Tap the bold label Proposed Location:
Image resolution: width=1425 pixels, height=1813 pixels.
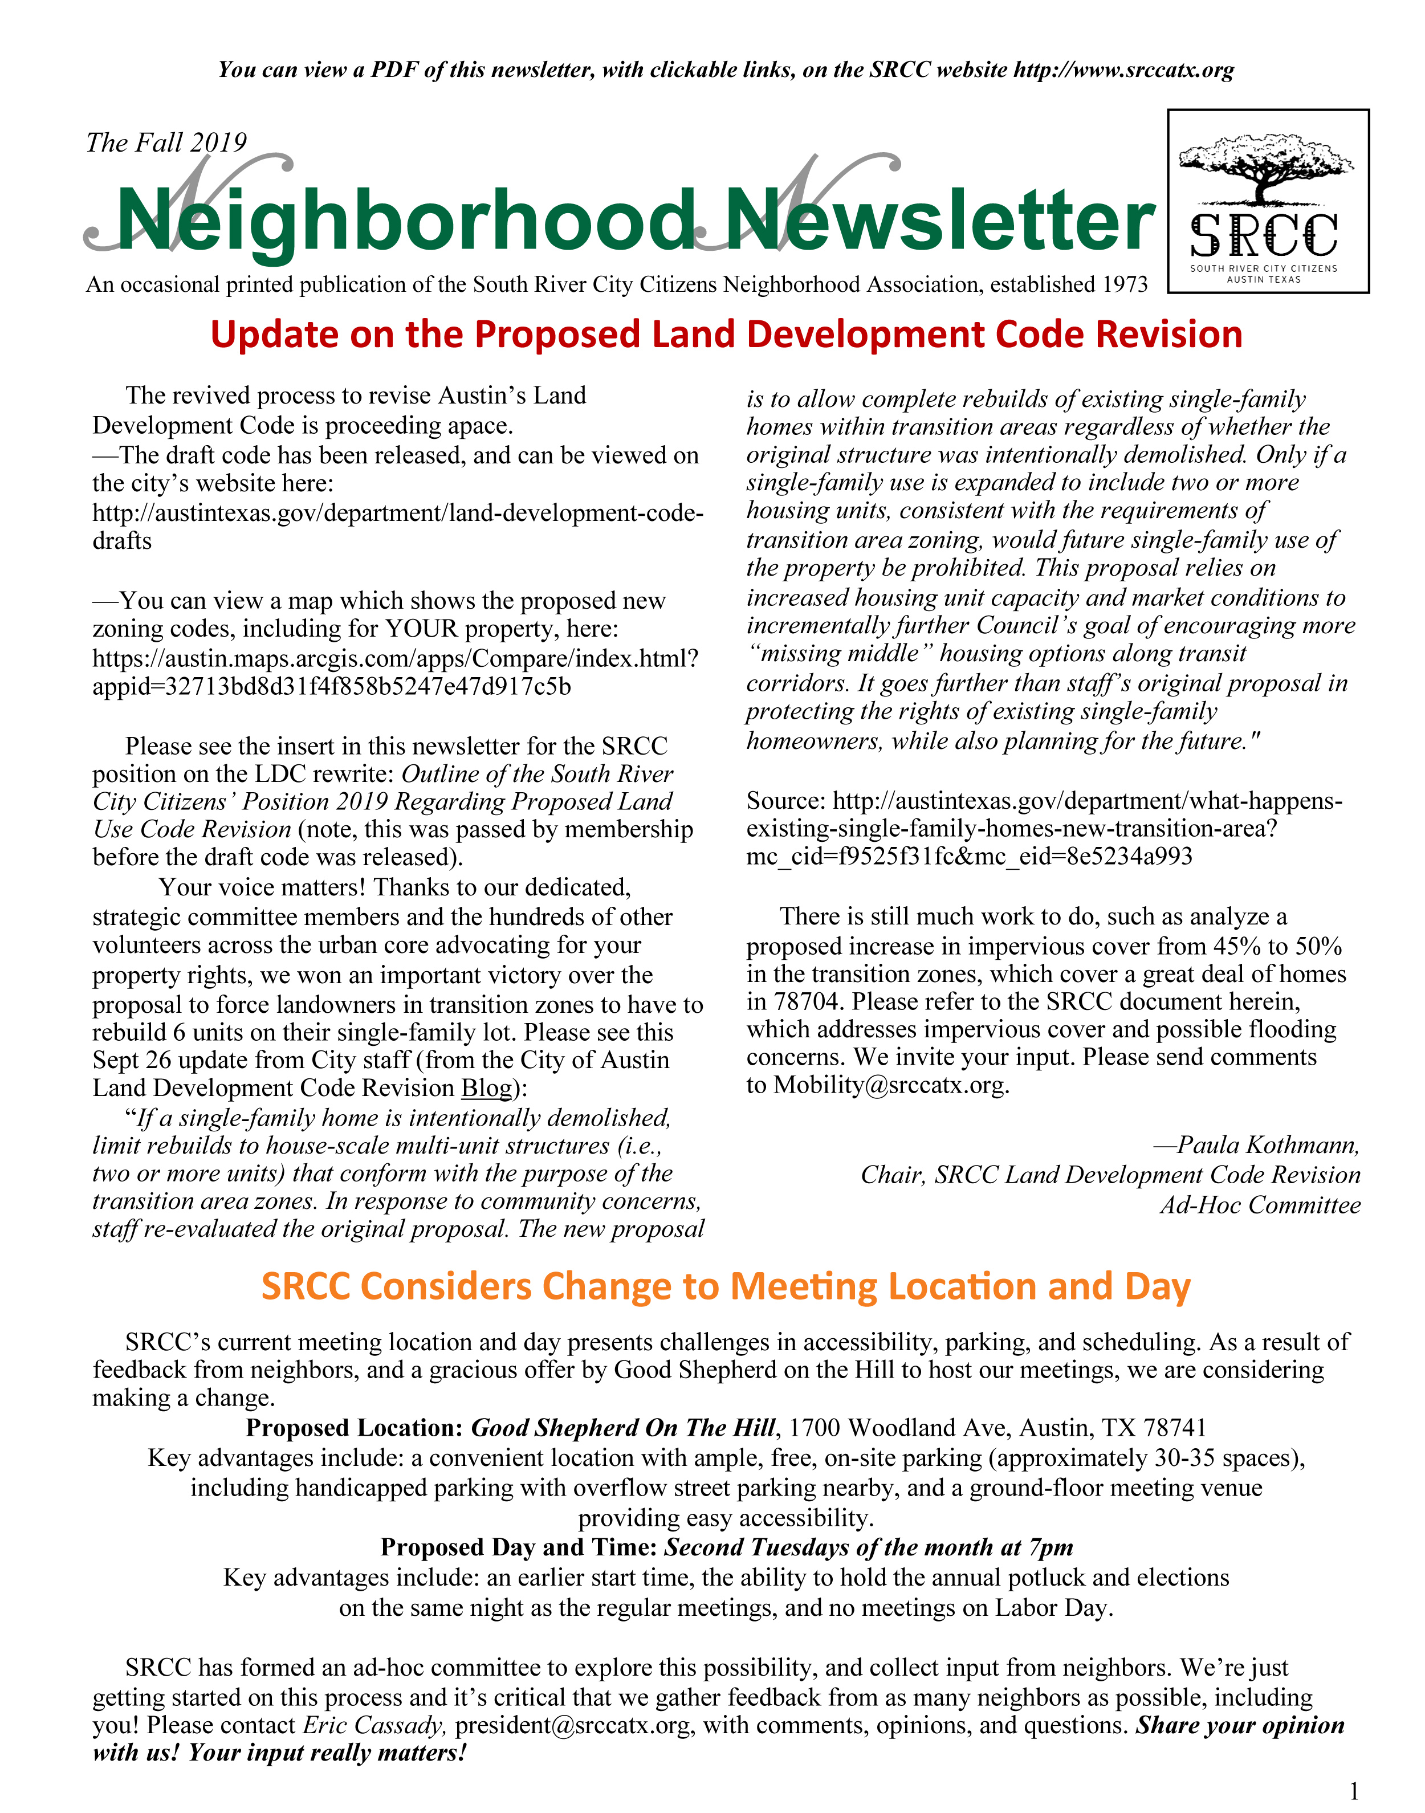[x=354, y=1428]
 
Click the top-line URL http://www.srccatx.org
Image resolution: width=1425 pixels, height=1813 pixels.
[x=1123, y=70]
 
